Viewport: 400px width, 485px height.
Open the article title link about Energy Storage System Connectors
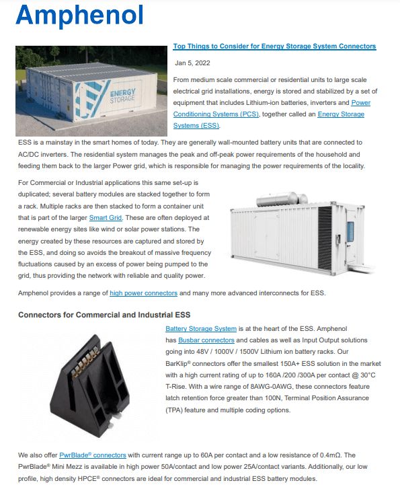click(274, 46)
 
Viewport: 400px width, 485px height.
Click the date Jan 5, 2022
click(192, 63)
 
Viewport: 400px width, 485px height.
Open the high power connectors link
click(143, 293)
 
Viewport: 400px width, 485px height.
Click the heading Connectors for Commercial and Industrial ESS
click(104, 314)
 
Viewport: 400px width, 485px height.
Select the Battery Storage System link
click(201, 328)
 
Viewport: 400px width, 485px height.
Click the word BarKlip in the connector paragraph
click(179, 364)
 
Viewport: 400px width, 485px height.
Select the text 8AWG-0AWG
click(286, 388)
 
